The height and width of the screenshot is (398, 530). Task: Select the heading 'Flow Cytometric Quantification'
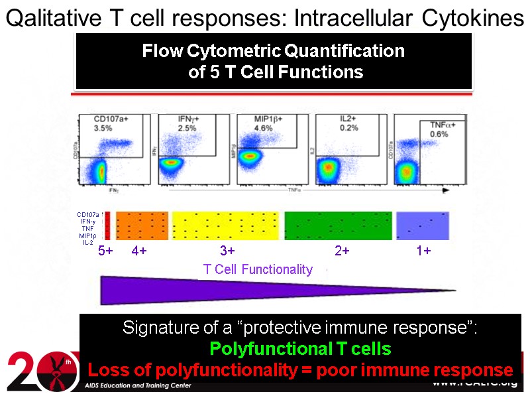(x=273, y=51)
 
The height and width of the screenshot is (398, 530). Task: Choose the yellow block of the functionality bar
(x=227, y=226)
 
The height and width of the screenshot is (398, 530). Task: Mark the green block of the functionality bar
(x=338, y=226)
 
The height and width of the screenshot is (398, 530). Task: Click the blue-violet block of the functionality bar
(x=422, y=226)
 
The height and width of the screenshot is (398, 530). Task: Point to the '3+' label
(x=227, y=251)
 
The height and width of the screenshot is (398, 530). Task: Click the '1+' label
(x=423, y=251)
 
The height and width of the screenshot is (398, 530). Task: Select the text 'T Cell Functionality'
(x=258, y=269)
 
